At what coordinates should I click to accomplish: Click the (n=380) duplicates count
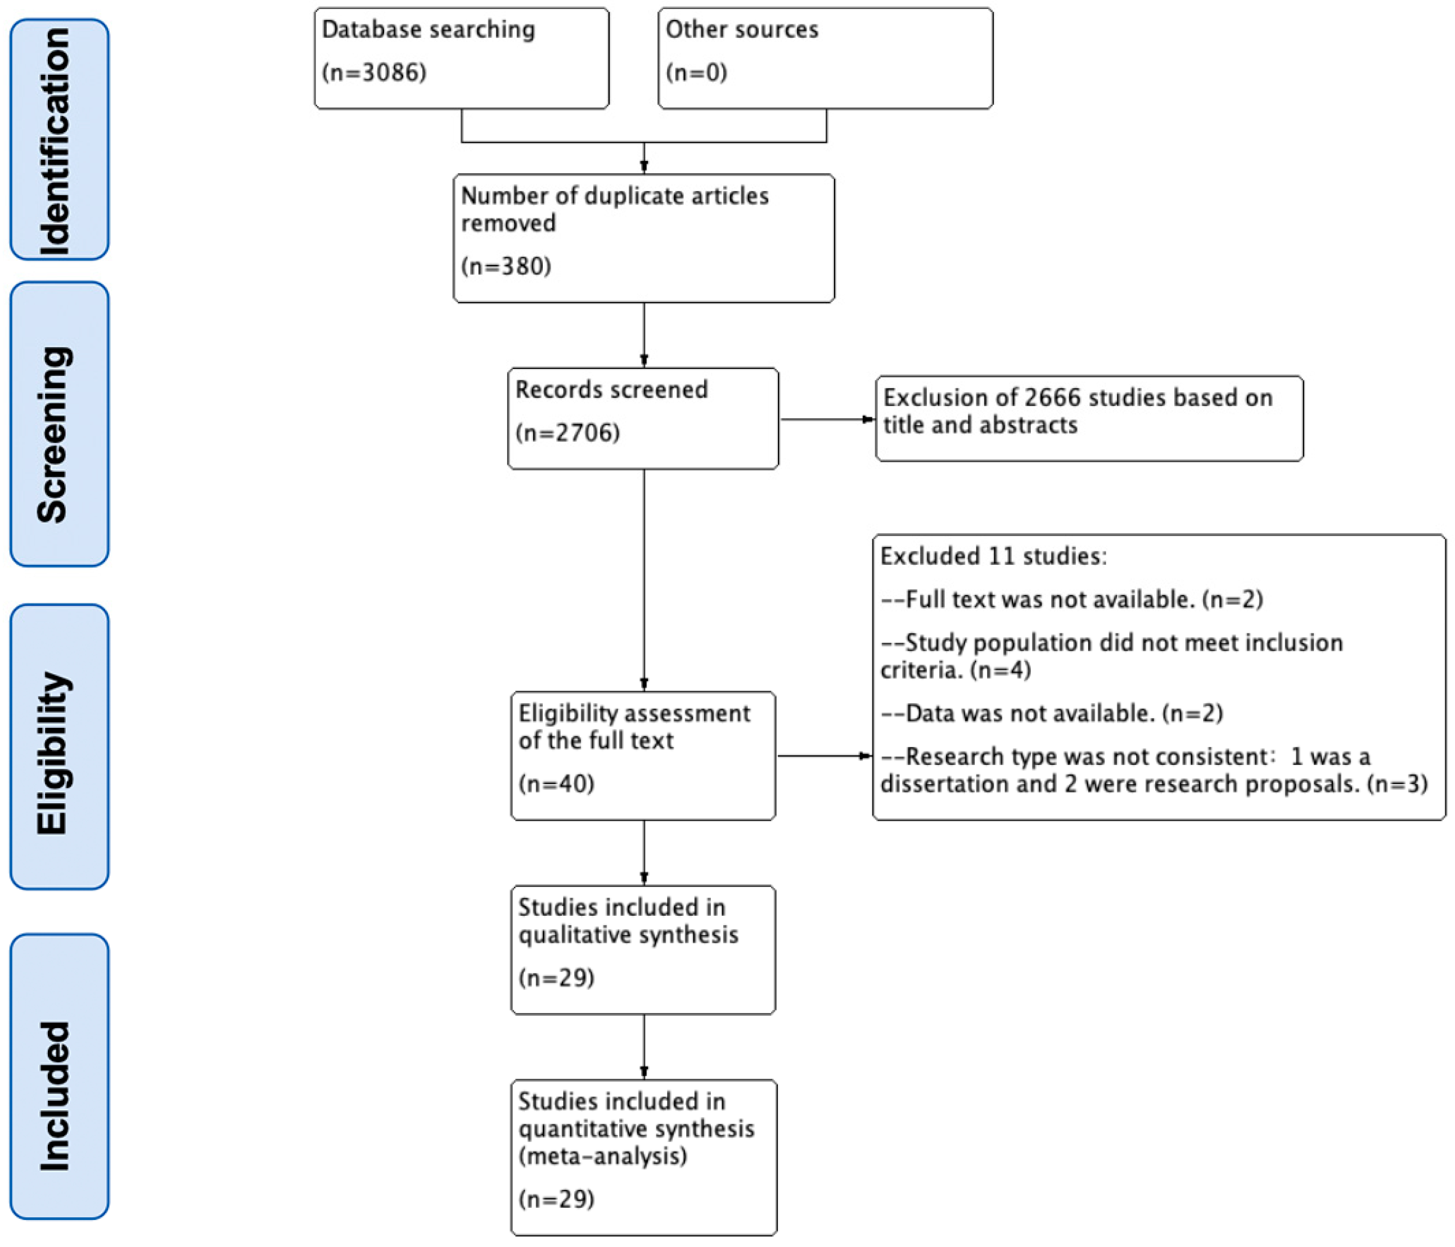[x=506, y=266]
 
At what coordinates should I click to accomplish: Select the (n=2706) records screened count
[x=567, y=433]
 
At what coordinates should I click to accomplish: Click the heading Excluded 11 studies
[x=993, y=556]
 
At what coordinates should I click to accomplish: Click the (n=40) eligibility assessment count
[x=556, y=784]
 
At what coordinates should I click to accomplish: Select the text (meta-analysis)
[x=602, y=1156]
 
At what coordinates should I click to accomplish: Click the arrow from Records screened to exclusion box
[x=827, y=420]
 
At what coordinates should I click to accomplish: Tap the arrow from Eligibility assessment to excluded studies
[x=824, y=756]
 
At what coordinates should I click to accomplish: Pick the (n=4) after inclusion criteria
[x=1000, y=670]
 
